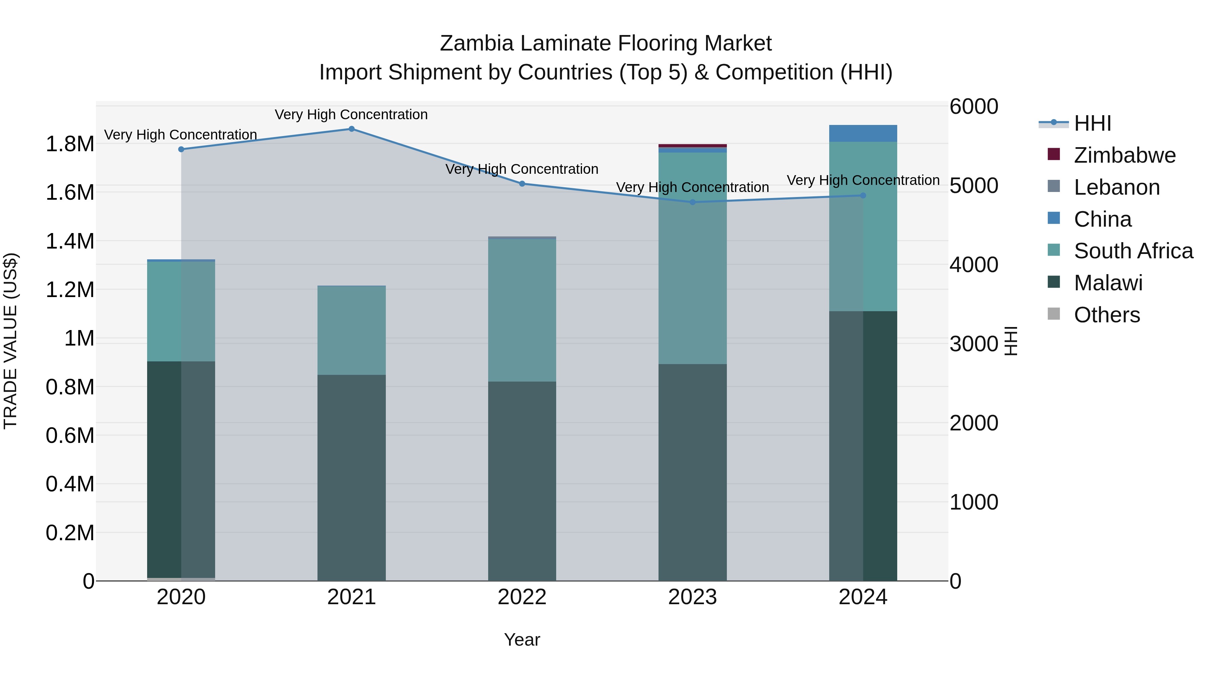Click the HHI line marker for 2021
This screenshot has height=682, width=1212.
(x=351, y=129)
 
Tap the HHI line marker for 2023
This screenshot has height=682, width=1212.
(x=692, y=202)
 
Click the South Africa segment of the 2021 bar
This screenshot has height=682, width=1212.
(x=351, y=330)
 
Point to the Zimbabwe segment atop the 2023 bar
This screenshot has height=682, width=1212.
(x=692, y=145)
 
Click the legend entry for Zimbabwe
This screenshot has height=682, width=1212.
(x=1124, y=155)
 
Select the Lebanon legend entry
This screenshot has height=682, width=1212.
(x=1116, y=187)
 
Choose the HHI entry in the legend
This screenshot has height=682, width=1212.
(x=1092, y=123)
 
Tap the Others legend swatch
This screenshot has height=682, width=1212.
(x=1053, y=314)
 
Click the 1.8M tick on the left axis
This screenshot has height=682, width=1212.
(x=70, y=144)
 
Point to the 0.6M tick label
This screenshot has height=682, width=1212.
(x=70, y=435)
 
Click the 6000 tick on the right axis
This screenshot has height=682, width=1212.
(x=973, y=106)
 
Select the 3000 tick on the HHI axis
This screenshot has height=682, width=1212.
(x=973, y=344)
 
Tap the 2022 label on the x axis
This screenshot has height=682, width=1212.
(x=522, y=597)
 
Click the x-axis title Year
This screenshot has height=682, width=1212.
(x=522, y=640)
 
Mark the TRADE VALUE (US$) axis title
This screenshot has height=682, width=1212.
(x=10, y=341)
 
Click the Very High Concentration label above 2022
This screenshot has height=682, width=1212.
(x=522, y=169)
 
